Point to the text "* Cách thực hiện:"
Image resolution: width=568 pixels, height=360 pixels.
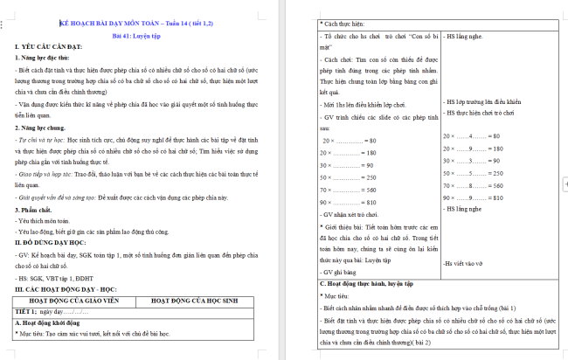(348, 23)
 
